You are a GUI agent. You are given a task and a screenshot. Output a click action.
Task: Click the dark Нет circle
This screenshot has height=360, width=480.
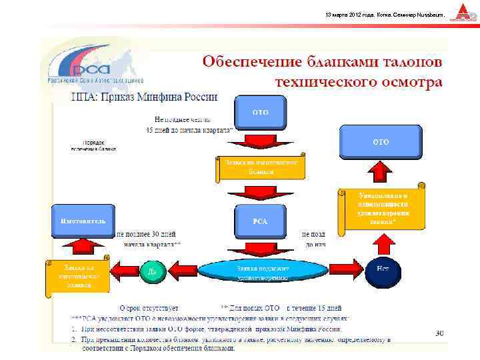click(383, 269)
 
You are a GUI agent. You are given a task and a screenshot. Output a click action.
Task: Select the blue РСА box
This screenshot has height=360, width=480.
click(260, 221)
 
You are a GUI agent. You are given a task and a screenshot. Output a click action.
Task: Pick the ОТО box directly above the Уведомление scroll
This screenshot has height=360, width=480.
click(381, 142)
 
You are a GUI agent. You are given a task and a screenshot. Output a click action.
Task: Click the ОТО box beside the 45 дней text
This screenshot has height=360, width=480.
click(260, 113)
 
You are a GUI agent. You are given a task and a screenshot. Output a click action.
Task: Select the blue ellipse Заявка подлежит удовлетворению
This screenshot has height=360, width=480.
click(262, 271)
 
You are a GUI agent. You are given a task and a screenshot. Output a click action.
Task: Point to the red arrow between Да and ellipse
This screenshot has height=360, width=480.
click(182, 269)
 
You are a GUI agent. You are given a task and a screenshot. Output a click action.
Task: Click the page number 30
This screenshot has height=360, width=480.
click(439, 333)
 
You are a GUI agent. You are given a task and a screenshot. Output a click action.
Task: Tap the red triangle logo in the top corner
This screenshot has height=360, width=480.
click(463, 12)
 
